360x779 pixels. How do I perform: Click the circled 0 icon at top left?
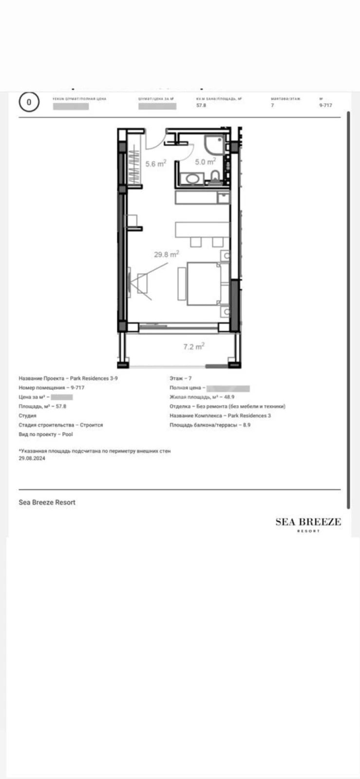point(29,102)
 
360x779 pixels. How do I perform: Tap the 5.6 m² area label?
point(156,164)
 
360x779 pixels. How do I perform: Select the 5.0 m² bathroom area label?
point(205,162)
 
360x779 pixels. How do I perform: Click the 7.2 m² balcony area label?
point(193,347)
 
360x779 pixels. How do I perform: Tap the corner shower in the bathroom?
point(214,145)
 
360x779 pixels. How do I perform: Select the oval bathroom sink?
point(192,179)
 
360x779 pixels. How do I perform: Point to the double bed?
point(204,284)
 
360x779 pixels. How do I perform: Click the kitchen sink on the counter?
point(223,198)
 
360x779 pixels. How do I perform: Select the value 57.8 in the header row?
point(201,105)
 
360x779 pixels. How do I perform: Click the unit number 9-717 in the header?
point(325,105)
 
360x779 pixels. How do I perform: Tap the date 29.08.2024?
point(32,458)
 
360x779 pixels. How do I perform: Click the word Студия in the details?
point(28,416)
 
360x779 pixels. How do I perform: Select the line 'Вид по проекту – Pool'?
point(46,434)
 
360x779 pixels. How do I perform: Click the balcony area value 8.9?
point(246,425)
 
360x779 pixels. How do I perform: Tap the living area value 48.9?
point(229,397)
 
